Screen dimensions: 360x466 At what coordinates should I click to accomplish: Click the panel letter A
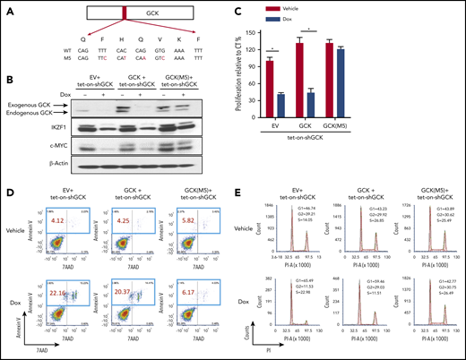point(6,7)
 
